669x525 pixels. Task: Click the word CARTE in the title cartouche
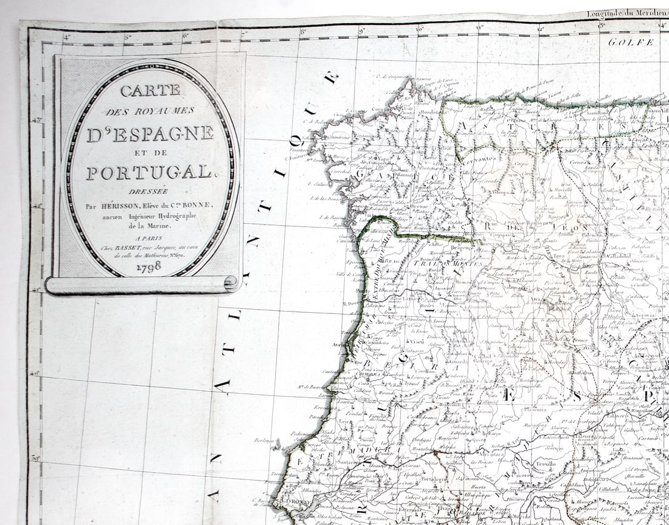point(150,91)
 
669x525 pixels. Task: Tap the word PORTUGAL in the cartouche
point(150,173)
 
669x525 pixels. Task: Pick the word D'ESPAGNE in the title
point(150,134)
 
